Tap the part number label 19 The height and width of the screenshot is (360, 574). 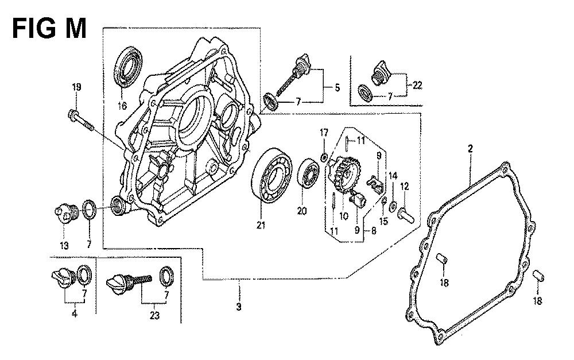coord(76,87)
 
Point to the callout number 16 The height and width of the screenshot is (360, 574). coord(121,106)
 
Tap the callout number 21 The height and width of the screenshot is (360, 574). coord(261,224)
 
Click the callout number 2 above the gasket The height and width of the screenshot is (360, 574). coord(470,149)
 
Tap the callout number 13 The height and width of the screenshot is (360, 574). coord(64,246)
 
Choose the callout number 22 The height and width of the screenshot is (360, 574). coord(417,86)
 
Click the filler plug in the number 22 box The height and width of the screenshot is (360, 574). coord(379,72)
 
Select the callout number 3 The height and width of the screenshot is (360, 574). coord(239,307)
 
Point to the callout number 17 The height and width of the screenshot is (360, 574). coord(324,133)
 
